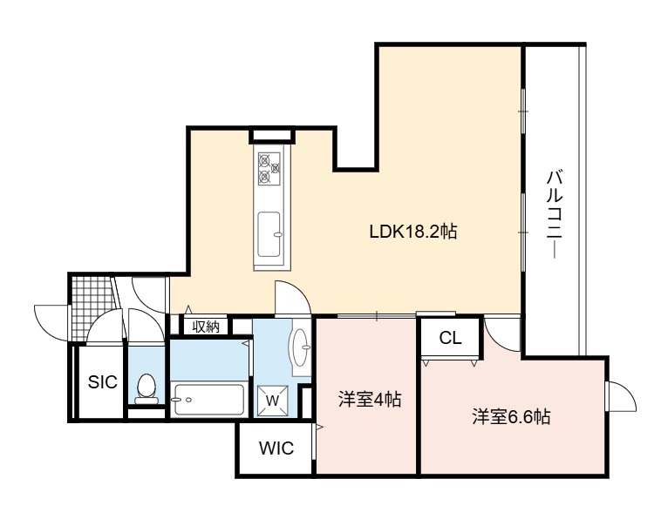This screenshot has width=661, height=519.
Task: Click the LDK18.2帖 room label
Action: [413, 232]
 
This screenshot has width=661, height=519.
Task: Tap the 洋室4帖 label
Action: [370, 399]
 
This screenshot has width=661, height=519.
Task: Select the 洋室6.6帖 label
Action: [511, 417]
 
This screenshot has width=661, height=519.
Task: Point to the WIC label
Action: [276, 448]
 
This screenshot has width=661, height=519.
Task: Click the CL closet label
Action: [450, 338]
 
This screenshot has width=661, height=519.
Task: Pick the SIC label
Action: [102, 381]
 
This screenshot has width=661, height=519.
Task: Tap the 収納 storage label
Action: [206, 327]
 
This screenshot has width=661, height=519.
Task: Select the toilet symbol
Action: [147, 389]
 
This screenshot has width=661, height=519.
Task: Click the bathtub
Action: [209, 400]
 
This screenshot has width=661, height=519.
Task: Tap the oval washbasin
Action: [301, 347]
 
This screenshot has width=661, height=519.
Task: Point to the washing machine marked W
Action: [273, 401]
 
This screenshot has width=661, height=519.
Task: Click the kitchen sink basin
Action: [269, 234]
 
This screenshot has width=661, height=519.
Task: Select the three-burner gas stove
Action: [269, 169]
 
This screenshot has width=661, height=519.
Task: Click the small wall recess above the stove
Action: [272, 136]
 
